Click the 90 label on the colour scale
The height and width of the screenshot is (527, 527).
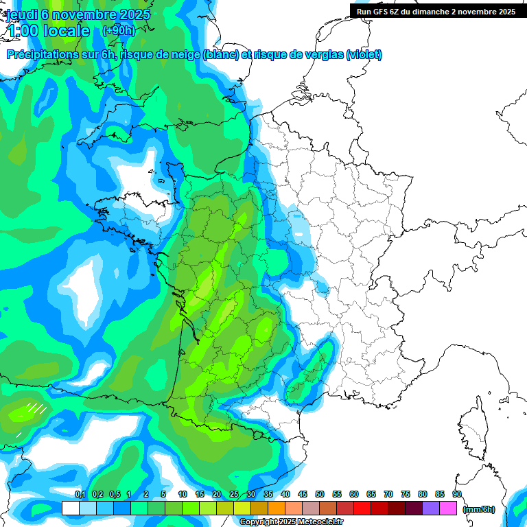tap(456, 494)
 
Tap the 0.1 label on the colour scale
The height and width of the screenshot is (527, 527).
tap(80, 494)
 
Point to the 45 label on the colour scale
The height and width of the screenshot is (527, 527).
tap(303, 494)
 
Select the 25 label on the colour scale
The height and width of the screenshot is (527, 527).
tap(234, 494)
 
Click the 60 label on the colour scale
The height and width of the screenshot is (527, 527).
tap(354, 494)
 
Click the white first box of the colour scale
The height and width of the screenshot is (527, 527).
tap(70, 508)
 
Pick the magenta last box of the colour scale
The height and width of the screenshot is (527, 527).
tap(448, 508)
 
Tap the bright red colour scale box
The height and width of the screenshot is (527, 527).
tap(362, 508)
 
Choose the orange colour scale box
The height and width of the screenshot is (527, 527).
tap(277, 508)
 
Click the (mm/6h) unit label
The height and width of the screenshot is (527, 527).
tap(479, 509)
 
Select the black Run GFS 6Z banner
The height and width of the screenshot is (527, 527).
tap(436, 11)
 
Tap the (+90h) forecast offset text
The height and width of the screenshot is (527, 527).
tap(119, 31)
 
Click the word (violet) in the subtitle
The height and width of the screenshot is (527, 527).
tap(364, 55)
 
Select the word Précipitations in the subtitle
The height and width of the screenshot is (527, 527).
tap(40, 55)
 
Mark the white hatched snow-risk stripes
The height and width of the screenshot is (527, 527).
tap(36, 409)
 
